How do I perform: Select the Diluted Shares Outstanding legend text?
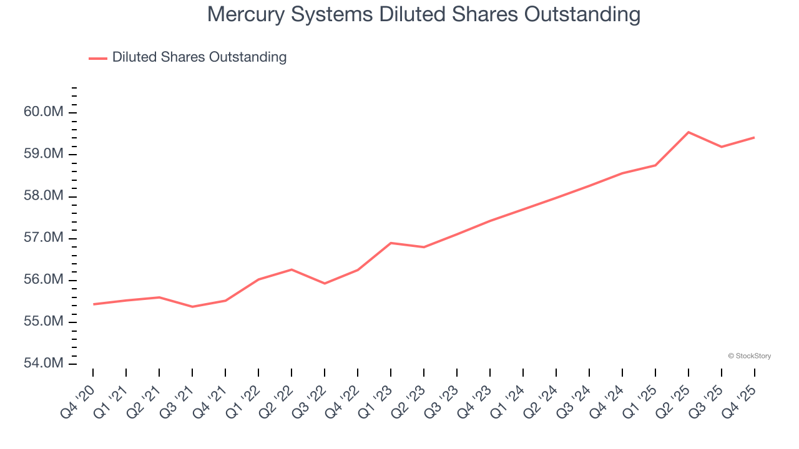coord(199,57)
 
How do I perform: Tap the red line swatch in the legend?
coord(98,58)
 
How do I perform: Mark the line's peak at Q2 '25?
coord(688,132)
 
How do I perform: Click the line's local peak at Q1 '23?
coord(391,243)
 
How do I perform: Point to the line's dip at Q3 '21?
coord(192,307)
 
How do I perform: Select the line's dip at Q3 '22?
coord(325,284)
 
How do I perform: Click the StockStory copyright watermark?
coord(749,356)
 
